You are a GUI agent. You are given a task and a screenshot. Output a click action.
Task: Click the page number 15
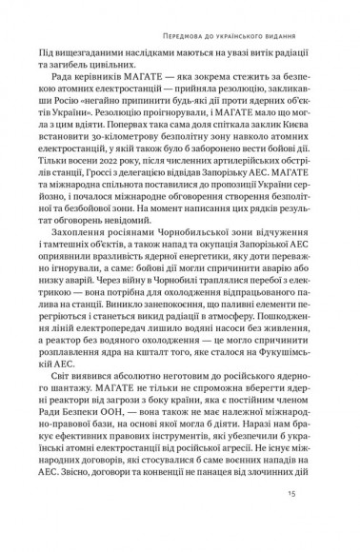(317, 520)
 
